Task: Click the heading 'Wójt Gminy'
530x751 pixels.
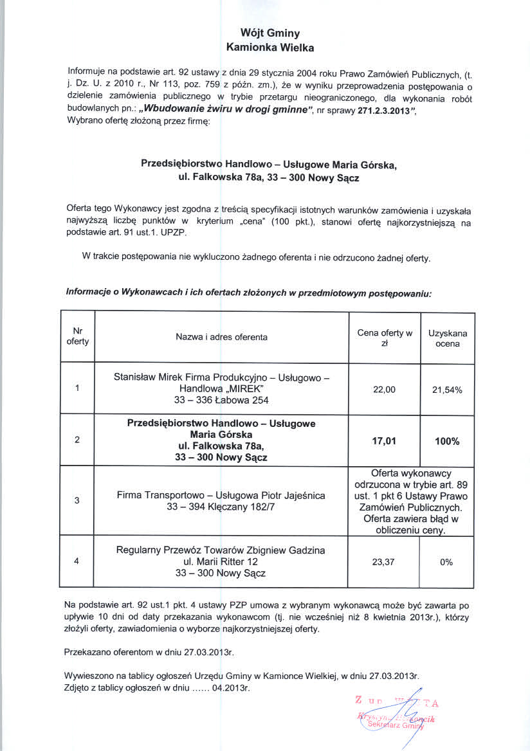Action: (x=270, y=33)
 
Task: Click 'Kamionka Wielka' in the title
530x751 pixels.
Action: (x=270, y=47)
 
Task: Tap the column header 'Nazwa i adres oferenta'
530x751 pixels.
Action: (x=221, y=337)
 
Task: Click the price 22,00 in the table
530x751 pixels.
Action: (x=384, y=389)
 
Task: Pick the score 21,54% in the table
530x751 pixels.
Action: (x=448, y=390)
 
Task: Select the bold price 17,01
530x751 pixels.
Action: (x=384, y=441)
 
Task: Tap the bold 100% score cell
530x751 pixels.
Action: (x=448, y=441)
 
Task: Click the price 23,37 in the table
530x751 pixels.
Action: (x=384, y=561)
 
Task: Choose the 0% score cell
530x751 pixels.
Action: (x=447, y=561)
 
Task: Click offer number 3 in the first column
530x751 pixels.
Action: (x=77, y=501)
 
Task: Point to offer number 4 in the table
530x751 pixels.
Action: (x=77, y=561)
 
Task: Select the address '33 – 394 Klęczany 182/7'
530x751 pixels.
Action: (x=221, y=507)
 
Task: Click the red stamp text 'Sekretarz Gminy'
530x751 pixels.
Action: (x=395, y=725)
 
